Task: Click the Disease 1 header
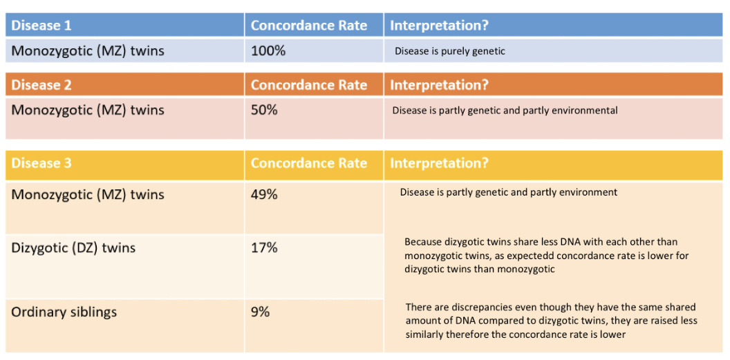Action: [x=41, y=25]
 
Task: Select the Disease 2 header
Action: [x=41, y=85]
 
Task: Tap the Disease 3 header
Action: [x=41, y=163]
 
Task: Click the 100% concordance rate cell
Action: [x=268, y=50]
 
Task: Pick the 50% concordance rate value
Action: [x=265, y=111]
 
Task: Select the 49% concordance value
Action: [x=265, y=194]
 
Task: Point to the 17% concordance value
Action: [x=265, y=248]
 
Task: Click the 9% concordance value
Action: [x=261, y=312]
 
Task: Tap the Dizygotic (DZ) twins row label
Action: [x=73, y=248]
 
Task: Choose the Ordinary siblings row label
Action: [x=64, y=312]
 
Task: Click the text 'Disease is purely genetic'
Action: [x=450, y=51]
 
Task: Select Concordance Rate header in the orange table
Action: [x=309, y=85]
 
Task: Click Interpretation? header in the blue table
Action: [x=439, y=25]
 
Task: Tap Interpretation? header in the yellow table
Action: [x=439, y=163]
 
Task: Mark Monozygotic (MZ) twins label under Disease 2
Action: [x=88, y=111]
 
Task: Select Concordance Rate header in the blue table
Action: [x=309, y=25]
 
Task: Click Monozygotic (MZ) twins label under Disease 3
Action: [x=88, y=194]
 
